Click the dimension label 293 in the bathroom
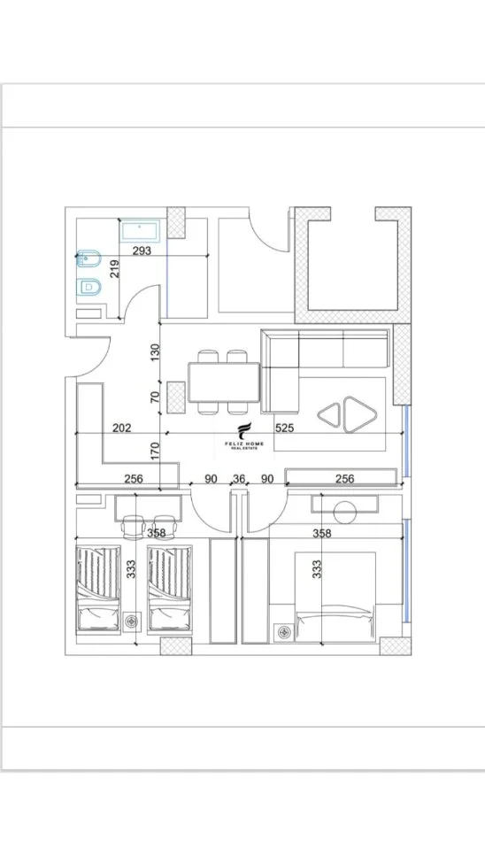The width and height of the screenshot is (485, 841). pyautogui.click(x=142, y=251)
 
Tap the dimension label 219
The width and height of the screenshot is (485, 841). pyautogui.click(x=115, y=268)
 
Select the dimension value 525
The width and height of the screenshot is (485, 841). pyautogui.click(x=284, y=428)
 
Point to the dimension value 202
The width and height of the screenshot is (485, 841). pyautogui.click(x=122, y=428)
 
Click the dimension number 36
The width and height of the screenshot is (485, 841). pyautogui.click(x=239, y=478)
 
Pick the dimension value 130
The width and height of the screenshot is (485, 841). pyautogui.click(x=155, y=352)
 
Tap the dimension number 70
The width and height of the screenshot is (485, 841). pyautogui.click(x=155, y=397)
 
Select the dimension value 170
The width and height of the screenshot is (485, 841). pyautogui.click(x=155, y=451)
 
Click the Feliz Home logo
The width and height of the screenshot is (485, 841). pyautogui.click(x=244, y=436)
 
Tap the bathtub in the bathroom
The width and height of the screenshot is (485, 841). pyautogui.click(x=140, y=232)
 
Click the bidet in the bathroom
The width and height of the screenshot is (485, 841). pyautogui.click(x=85, y=260)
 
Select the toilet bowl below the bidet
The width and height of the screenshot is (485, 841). pyautogui.click(x=88, y=288)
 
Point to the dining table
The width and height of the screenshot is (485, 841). pyautogui.click(x=224, y=382)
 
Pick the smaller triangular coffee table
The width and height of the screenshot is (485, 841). pyautogui.click(x=330, y=414)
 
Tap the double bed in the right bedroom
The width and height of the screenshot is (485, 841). pyautogui.click(x=335, y=597)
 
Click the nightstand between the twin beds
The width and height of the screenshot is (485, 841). pyautogui.click(x=132, y=621)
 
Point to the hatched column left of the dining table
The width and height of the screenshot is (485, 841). pyautogui.click(x=175, y=397)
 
